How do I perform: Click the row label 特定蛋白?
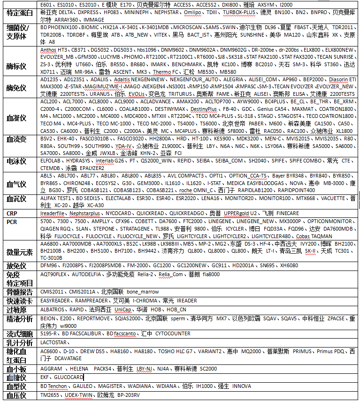[x=20, y=13]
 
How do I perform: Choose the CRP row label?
[x=12, y=214]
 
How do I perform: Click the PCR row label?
[x=12, y=221]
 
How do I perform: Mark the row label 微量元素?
[x=20, y=252]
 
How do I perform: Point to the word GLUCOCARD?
[x=69, y=377]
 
